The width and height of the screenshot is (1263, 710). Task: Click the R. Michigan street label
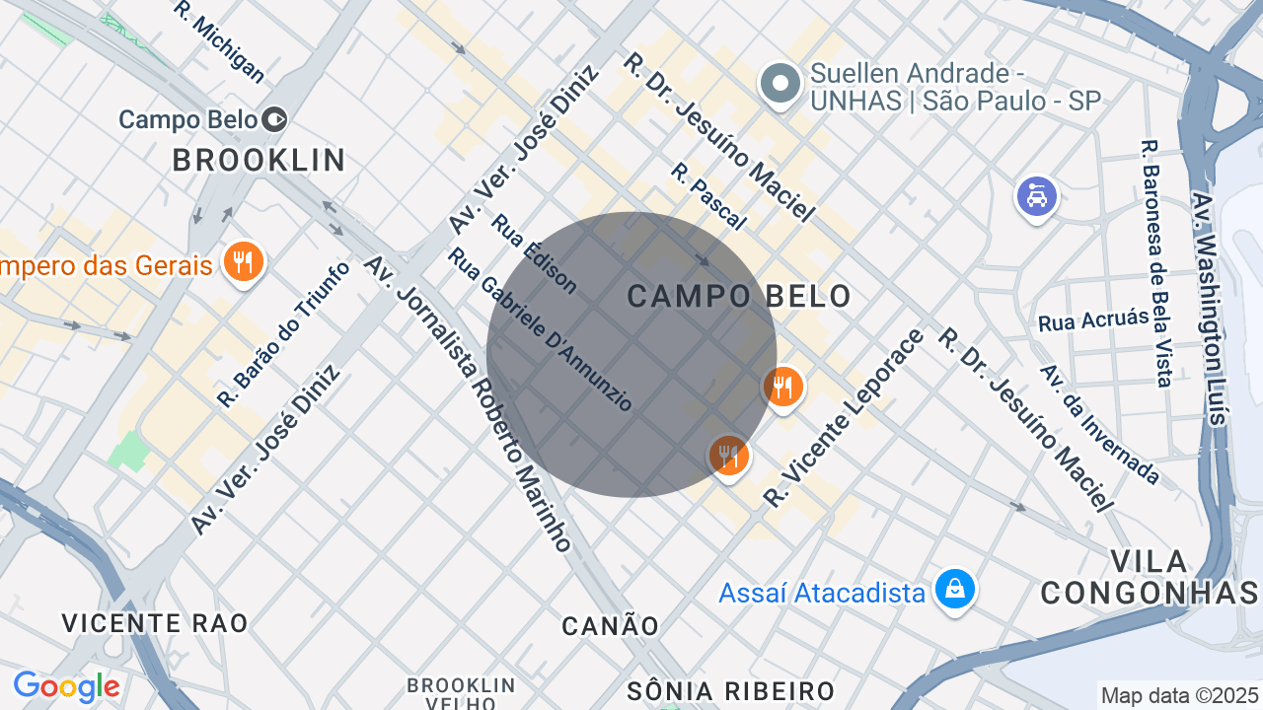coord(219,41)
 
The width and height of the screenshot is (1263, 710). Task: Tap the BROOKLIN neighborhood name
coord(259,160)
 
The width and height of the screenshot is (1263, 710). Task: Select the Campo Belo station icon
coord(275,120)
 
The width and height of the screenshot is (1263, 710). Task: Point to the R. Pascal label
coord(707,196)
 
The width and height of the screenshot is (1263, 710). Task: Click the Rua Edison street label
coord(533,253)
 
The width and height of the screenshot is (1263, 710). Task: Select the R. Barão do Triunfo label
coord(283,334)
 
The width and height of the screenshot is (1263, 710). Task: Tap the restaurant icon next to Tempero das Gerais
coord(242,263)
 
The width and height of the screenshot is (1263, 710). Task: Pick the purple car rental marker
coord(1036,197)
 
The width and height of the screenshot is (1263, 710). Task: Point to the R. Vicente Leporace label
coord(845,418)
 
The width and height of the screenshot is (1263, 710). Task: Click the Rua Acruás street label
coord(1093,320)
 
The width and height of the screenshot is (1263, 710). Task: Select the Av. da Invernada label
coord(1099,425)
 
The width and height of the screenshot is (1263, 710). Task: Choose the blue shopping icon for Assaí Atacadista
coord(954,590)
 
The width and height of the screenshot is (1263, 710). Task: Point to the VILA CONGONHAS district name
coord(1150,577)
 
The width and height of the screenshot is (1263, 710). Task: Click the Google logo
coord(66,686)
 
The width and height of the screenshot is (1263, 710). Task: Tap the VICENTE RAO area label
coord(155,623)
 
